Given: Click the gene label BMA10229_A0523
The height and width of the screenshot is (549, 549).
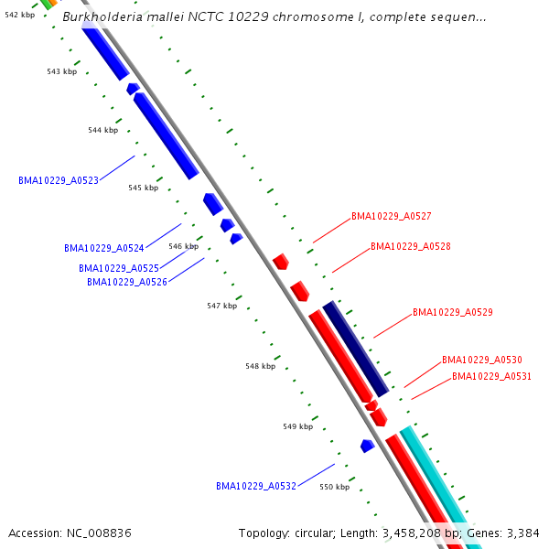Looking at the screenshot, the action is (x=59, y=180).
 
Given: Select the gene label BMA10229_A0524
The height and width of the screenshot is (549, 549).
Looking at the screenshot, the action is (x=103, y=248).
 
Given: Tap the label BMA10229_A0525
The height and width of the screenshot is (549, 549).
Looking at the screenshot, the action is (x=118, y=268).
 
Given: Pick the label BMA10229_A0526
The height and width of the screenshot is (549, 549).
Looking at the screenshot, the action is (x=126, y=282).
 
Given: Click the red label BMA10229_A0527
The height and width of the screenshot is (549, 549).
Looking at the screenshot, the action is (x=391, y=217).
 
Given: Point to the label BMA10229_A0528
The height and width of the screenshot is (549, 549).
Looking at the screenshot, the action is (x=410, y=246).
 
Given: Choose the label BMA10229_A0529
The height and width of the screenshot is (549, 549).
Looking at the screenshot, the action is (x=452, y=312).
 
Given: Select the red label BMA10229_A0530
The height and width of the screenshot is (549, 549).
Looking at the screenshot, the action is (x=481, y=361).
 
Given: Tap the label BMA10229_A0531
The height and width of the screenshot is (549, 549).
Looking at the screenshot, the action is (x=491, y=376).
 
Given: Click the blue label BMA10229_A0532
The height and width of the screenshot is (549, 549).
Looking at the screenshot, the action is (x=255, y=486).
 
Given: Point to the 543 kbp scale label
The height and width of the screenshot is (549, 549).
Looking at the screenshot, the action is (x=61, y=71).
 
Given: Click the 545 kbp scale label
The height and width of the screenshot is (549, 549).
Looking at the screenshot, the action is (x=143, y=188).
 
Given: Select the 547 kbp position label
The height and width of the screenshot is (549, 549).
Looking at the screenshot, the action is (x=221, y=306).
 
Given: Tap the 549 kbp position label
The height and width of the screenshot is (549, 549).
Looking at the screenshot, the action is (x=297, y=426).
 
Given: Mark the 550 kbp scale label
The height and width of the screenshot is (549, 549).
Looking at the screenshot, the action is (x=334, y=487).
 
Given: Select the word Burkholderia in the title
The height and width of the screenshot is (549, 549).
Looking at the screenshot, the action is (x=102, y=16).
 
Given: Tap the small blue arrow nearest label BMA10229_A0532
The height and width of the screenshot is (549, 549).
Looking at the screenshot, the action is (x=367, y=446).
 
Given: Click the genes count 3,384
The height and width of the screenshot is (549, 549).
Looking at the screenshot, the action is (x=522, y=533).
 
